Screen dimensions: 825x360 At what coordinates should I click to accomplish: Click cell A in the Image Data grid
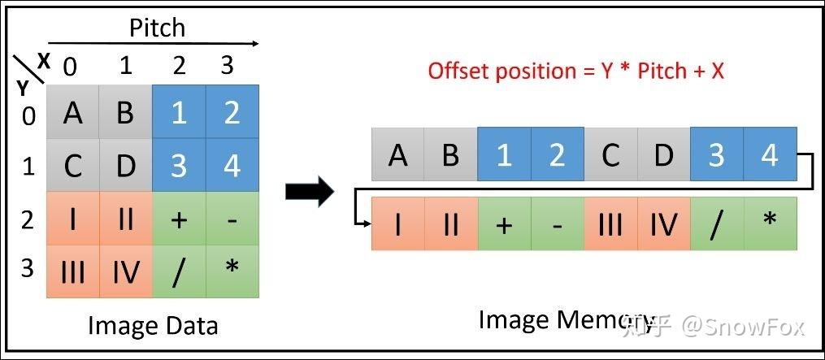click(x=72, y=112)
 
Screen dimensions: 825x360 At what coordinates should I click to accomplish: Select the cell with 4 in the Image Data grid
click(x=232, y=165)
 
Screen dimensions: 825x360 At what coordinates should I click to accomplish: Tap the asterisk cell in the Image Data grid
click(x=232, y=271)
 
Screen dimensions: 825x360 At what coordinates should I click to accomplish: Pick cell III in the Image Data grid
click(x=72, y=271)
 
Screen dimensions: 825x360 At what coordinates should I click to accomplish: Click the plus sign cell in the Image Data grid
click(x=179, y=219)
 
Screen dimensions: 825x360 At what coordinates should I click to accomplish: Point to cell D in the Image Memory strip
click(x=663, y=154)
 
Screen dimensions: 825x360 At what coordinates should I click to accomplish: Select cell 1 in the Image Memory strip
click(x=504, y=154)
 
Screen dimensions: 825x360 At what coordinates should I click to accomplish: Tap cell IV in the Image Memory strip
click(x=663, y=223)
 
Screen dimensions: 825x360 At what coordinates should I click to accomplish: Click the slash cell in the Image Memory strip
click(x=716, y=223)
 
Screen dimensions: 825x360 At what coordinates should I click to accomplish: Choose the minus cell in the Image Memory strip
click(x=557, y=223)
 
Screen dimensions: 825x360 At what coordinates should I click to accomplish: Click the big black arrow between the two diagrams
click(x=310, y=192)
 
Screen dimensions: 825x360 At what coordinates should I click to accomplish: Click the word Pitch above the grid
click(x=157, y=28)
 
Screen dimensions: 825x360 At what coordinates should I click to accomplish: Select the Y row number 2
click(x=28, y=219)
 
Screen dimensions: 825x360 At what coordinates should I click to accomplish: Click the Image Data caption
click(x=153, y=326)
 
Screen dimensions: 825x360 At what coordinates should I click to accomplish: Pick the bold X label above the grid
click(x=43, y=60)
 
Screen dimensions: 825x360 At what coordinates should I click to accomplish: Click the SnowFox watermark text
click(x=743, y=327)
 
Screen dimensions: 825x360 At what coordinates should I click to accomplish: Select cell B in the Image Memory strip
click(x=450, y=154)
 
